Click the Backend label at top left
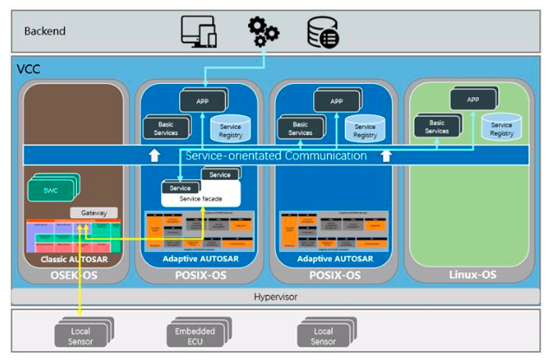(44, 31)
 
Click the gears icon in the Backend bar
(263, 31)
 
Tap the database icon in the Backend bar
(323, 32)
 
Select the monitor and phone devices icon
(198, 31)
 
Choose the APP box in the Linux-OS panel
(472, 100)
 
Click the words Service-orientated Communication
(275, 157)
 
